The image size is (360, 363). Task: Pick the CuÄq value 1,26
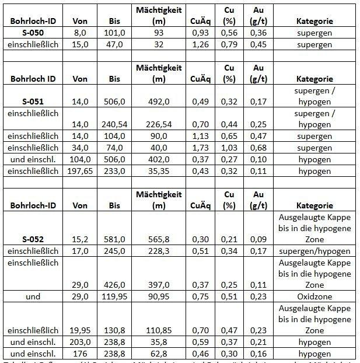click(200, 44)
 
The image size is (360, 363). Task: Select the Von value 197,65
click(80, 170)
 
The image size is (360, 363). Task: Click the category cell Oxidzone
click(315, 296)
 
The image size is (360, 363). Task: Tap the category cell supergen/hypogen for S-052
click(315, 251)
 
